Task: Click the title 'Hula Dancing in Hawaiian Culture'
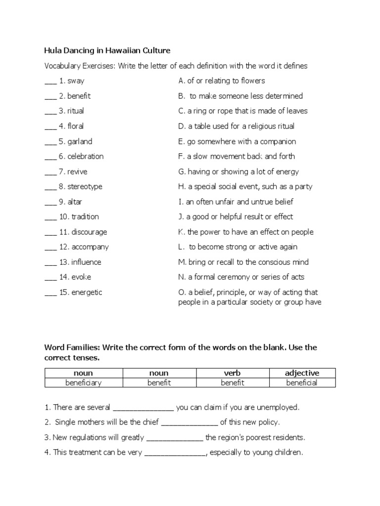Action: click(x=107, y=50)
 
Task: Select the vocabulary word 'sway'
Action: click(x=76, y=81)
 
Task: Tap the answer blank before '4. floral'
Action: click(x=50, y=126)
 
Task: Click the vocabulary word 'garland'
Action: click(x=80, y=141)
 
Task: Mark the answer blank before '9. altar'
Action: click(x=50, y=202)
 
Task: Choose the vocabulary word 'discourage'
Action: click(x=89, y=232)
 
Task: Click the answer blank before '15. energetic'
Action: click(x=50, y=293)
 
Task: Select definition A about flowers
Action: click(x=222, y=81)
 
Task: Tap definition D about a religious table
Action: click(x=236, y=126)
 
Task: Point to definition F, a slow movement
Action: click(x=237, y=156)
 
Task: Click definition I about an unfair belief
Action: click(x=236, y=202)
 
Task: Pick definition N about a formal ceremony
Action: click(x=241, y=277)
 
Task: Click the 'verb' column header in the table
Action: click(x=233, y=373)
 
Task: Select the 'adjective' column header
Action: click(x=302, y=373)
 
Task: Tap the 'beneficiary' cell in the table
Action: click(x=84, y=382)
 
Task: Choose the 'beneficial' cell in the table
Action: click(x=302, y=382)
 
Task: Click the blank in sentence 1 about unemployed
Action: click(x=143, y=408)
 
